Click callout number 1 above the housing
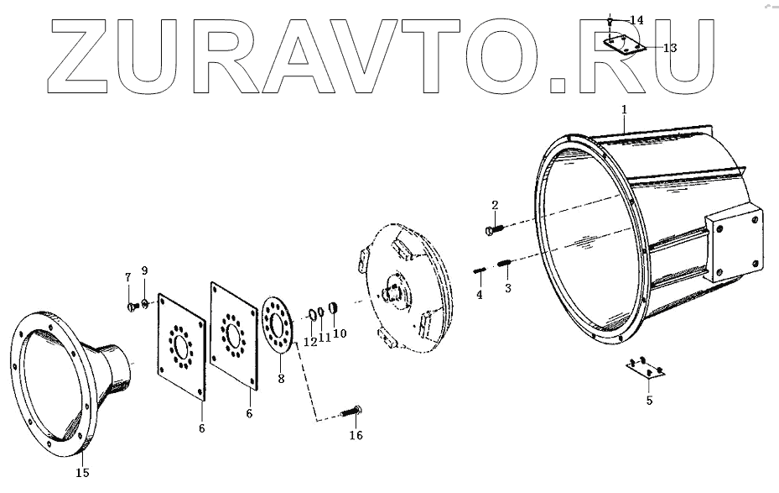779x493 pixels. (x=624, y=109)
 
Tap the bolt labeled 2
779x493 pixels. (x=492, y=227)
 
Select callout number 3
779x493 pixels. (x=506, y=288)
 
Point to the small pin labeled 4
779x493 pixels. (x=480, y=270)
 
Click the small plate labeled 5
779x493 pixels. (x=645, y=367)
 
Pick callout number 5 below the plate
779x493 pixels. (x=648, y=401)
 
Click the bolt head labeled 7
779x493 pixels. (x=131, y=307)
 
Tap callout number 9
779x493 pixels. (x=144, y=270)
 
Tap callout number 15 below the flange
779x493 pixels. (x=82, y=473)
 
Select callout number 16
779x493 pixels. (x=356, y=435)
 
